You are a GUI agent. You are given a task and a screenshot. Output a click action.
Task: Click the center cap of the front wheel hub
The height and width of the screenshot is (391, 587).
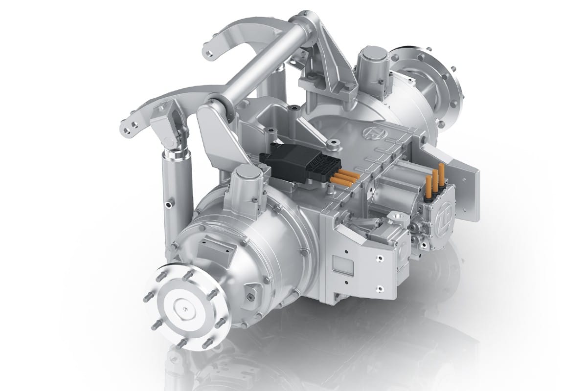(x=184, y=307)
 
